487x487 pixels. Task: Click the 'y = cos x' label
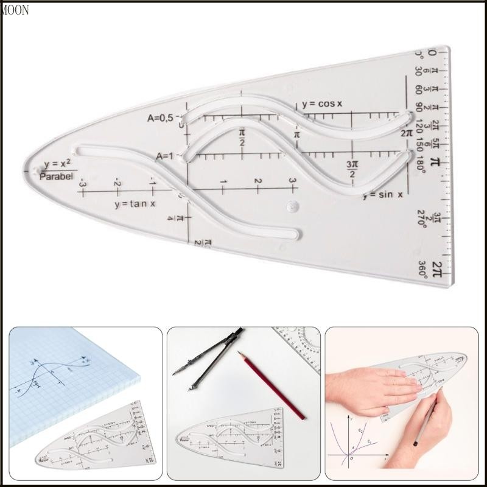321,103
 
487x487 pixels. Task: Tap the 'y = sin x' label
384,195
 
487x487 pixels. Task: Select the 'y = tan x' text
135,204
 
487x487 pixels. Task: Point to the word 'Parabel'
56,177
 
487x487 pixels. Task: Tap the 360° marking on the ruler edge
422,270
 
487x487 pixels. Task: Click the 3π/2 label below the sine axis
351,170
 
